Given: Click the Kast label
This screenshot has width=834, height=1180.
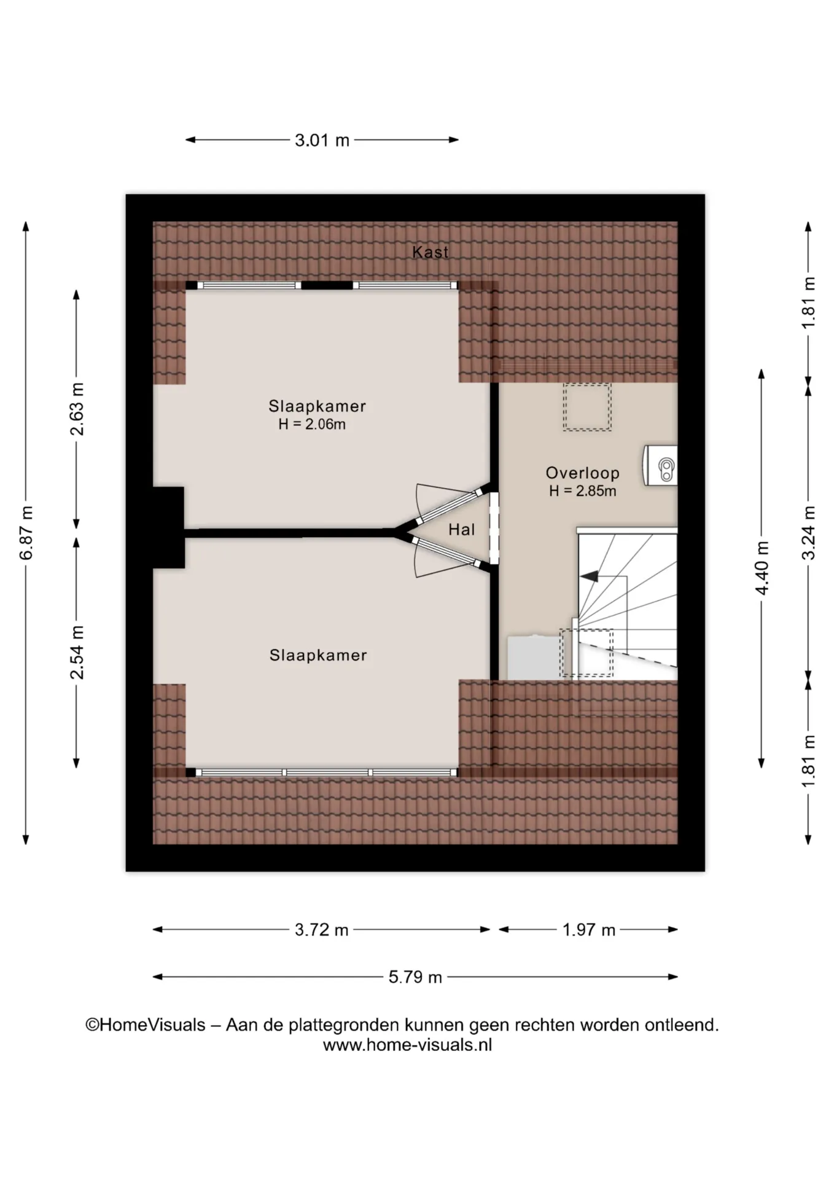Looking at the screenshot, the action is point(430,252).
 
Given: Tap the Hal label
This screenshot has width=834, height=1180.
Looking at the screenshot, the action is point(461,529).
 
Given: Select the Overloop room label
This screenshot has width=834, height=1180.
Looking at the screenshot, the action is point(582,473).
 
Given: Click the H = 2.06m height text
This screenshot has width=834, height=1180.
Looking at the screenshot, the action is point(312,424).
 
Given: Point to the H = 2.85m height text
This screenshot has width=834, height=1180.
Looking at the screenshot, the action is point(582,490).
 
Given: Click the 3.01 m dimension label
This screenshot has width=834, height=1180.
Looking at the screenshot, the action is point(322,140).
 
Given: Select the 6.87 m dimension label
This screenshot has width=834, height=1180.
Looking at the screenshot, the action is point(26,533).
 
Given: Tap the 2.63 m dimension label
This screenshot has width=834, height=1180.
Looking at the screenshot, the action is point(77,409).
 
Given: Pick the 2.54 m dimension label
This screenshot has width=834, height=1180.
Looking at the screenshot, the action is point(77,652).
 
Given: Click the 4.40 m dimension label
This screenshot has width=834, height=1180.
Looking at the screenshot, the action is point(762,568).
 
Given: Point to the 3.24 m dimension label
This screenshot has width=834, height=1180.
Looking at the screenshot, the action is point(809,532).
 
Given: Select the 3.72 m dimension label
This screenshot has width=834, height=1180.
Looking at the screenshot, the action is point(321,930).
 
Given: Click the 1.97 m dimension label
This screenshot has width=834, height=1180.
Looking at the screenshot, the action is point(588,930).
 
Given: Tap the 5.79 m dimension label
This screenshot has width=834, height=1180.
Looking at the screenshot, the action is point(415,977).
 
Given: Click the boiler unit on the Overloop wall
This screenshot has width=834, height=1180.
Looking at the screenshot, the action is point(660,465).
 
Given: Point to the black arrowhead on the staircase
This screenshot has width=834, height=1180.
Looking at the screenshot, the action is point(590,576).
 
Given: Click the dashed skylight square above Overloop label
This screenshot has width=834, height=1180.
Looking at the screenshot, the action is point(587,407).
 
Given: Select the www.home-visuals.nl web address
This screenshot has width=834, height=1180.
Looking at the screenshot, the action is point(407,1045).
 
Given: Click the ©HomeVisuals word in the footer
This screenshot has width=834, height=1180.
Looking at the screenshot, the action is point(146,1025).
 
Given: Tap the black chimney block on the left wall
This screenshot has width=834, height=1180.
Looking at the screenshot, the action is point(169,527).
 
